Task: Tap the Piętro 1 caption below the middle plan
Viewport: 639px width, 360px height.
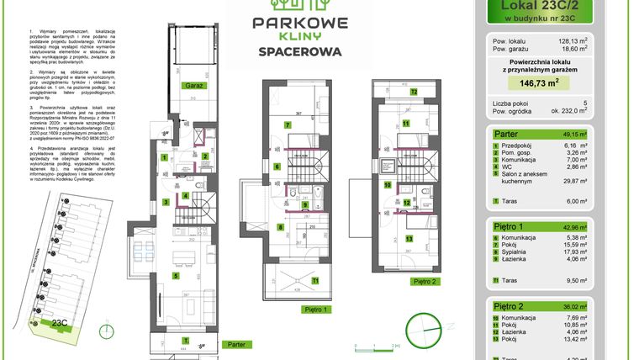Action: click(313, 310)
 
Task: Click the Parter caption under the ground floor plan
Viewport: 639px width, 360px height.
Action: click(237, 343)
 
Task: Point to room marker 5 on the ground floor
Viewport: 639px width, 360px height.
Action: click(176, 274)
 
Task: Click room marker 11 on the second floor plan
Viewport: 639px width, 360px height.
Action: click(405, 124)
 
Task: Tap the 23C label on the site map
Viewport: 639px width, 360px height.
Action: click(58, 321)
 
